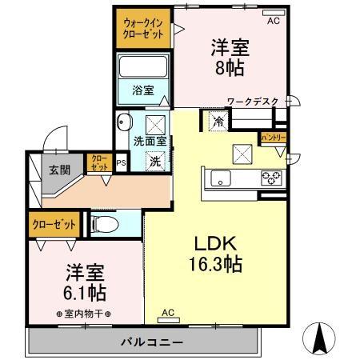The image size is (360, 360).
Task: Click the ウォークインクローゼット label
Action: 144,30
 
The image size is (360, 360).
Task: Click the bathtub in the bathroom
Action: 143,66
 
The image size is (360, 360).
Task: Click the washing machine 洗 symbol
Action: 157,159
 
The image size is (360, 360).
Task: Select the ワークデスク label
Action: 252,102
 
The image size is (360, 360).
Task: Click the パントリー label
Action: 273,138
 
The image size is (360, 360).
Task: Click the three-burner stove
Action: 270,177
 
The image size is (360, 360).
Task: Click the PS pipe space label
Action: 121,163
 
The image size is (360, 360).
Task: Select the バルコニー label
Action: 143,342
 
